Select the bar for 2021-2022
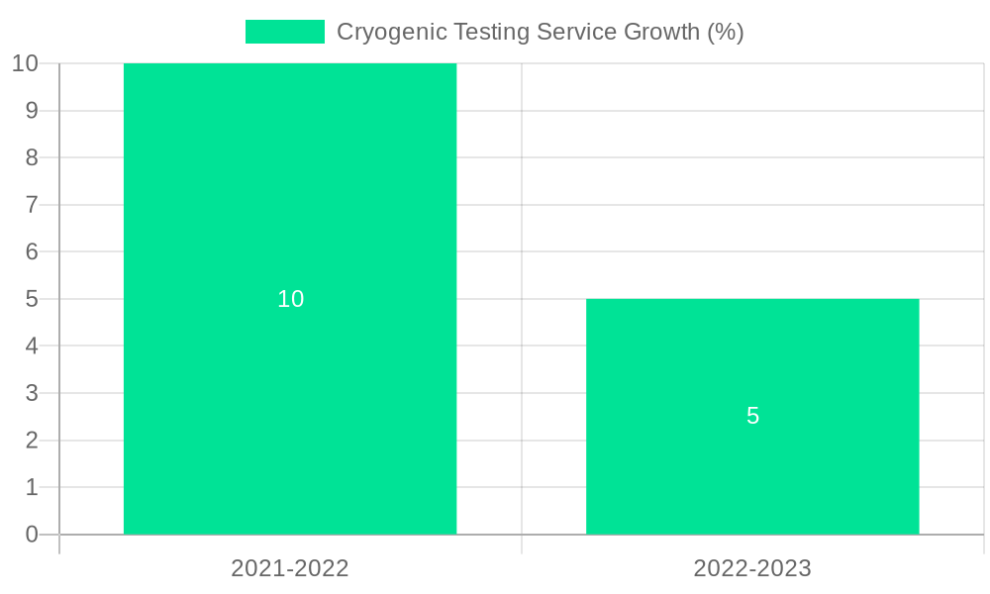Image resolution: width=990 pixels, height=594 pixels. point(290,198)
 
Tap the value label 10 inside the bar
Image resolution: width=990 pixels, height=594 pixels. point(290,299)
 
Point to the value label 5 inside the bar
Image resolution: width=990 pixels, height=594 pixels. point(752,416)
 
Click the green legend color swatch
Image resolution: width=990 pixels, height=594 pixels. point(285,32)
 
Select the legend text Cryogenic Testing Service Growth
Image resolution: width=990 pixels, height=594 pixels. point(540,32)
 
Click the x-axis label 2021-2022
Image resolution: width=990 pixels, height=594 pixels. point(290,568)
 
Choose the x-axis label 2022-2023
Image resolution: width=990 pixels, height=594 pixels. point(752,568)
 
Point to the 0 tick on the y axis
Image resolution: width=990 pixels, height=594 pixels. point(32,535)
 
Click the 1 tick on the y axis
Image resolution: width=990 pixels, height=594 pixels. point(32,487)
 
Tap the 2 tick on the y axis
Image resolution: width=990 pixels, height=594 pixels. point(32,441)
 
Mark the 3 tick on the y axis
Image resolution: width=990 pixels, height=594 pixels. point(32,393)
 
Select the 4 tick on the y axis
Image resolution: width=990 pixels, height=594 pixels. point(32,346)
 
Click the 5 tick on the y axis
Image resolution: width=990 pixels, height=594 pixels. point(32,299)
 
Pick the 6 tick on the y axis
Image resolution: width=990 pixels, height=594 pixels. point(32,251)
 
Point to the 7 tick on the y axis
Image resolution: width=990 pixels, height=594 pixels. point(32,205)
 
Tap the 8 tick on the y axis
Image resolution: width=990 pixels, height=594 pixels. point(32,157)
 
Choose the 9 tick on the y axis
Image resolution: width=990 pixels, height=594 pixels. point(32,111)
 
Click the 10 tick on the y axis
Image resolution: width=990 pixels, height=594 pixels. point(25,63)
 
